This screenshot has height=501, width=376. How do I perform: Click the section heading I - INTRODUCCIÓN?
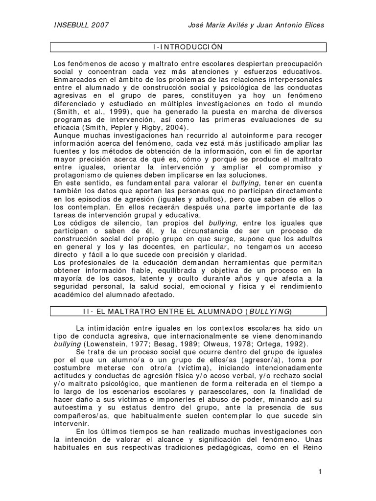coord(188,47)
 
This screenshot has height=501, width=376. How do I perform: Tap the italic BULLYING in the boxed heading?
coord(270,311)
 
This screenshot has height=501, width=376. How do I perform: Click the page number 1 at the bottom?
coord(320,472)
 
